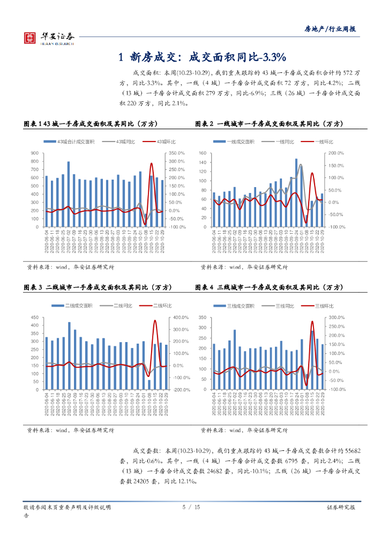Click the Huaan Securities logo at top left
(x=48, y=37)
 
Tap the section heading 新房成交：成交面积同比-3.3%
(x=204, y=57)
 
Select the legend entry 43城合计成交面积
(x=76, y=141)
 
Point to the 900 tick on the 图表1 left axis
(x=34, y=153)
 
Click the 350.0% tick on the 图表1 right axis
(x=177, y=153)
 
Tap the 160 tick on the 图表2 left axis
(x=203, y=153)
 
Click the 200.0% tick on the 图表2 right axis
(x=337, y=153)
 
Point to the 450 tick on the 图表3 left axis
(x=34, y=317)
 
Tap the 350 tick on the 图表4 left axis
(x=203, y=317)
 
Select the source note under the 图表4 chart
(x=244, y=429)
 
